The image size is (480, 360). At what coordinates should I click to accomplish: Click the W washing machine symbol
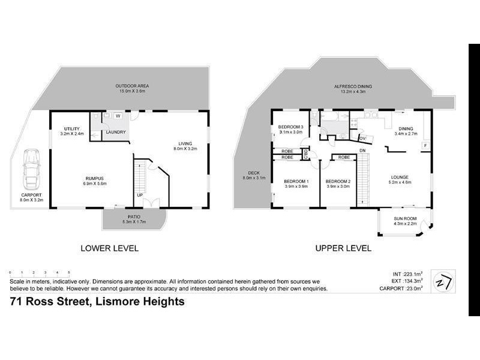[118, 116]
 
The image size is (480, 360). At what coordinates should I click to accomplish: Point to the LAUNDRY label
[116, 132]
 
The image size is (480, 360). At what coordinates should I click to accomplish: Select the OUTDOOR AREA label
[132, 86]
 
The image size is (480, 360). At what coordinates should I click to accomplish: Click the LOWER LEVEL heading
[110, 248]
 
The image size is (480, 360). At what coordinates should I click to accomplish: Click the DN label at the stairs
[362, 150]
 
